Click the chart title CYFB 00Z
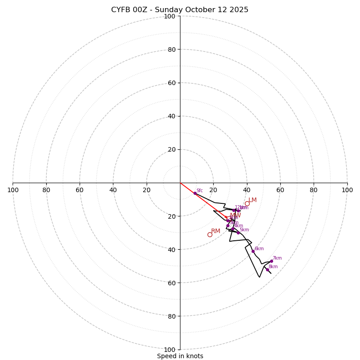tap(180, 10)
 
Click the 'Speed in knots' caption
tap(180, 356)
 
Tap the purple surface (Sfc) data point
tap(195, 193)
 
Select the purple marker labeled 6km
tap(253, 252)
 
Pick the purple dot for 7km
tap(271, 261)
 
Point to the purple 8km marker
tap(267, 270)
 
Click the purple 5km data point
tap(238, 233)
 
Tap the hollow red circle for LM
tap(247, 203)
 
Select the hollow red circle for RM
tap(210, 234)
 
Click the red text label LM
tap(252, 200)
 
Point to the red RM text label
tap(216, 231)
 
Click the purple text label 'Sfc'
tap(199, 191)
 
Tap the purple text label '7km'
tap(277, 258)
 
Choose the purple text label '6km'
tap(259, 249)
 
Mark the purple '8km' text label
tap(273, 267)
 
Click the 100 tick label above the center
tap(170, 16)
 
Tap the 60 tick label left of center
tap(80, 190)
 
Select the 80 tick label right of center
tap(313, 190)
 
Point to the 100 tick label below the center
tap(170, 350)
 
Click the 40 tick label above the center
tap(171, 116)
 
